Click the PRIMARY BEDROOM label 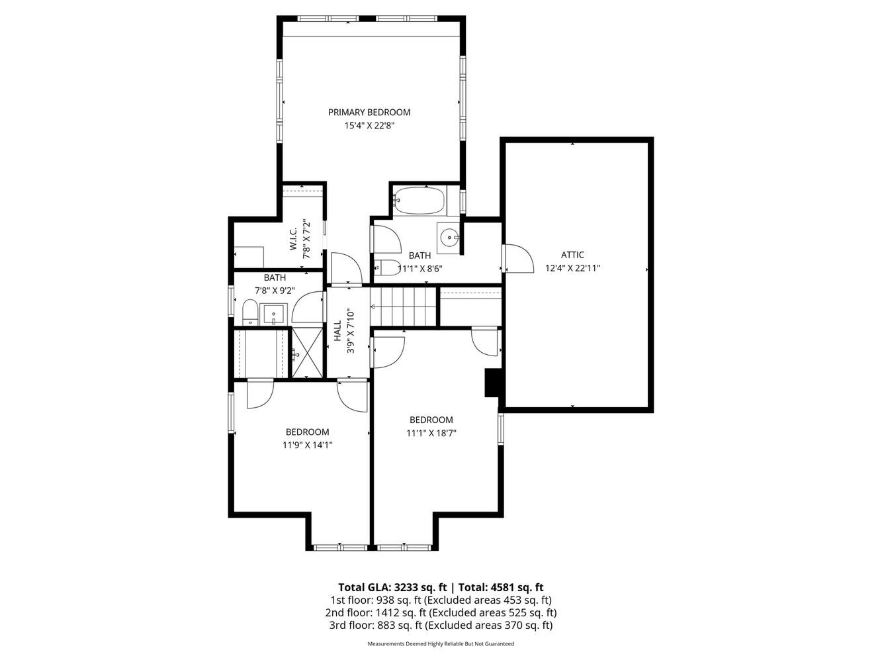point(369,113)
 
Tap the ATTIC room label point(572,255)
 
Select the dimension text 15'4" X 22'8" point(369,126)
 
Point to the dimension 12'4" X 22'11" point(572,269)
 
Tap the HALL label point(337,330)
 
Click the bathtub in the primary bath point(419,201)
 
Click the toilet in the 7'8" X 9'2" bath point(249,312)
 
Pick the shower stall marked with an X point(306,353)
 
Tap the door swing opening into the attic point(517,259)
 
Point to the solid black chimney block point(492,383)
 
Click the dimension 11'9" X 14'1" point(307,446)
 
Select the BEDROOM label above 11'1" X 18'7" point(431,420)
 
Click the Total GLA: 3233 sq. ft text point(393,587)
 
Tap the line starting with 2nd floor point(441,613)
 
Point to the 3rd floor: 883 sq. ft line point(441,626)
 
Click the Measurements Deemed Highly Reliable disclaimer point(441,643)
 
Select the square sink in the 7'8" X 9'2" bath point(273,313)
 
